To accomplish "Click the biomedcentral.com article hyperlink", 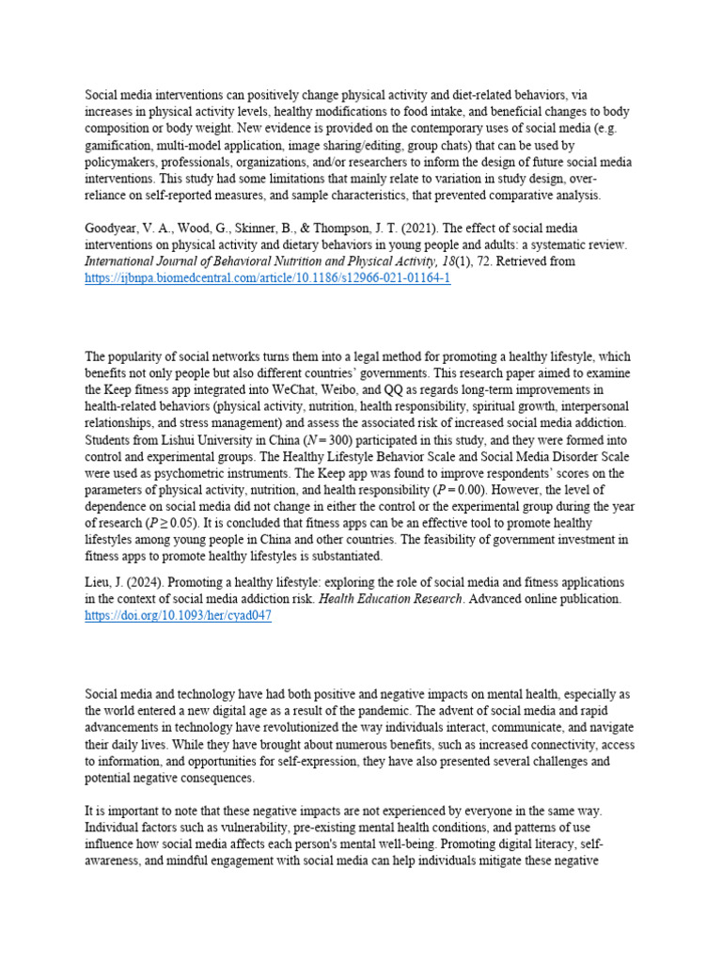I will click(x=268, y=280).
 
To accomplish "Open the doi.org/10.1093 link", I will click(x=179, y=615).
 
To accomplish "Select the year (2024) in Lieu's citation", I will click(x=144, y=583).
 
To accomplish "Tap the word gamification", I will click(x=121, y=146).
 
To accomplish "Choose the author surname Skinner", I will click(x=257, y=229).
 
